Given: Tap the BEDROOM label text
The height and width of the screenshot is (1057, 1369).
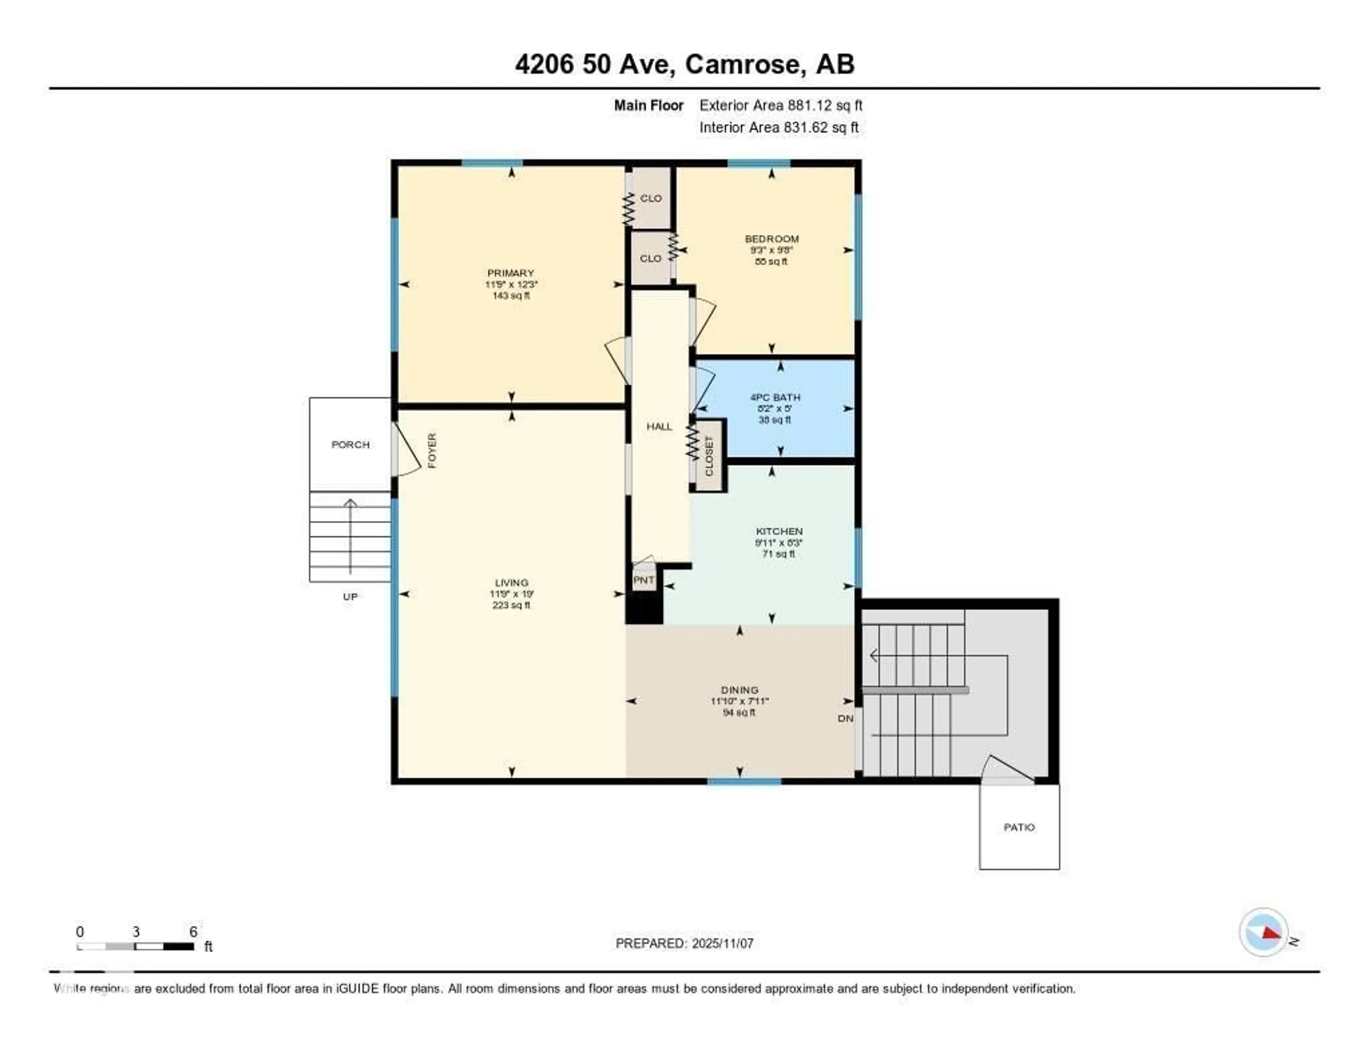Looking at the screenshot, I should point(771,239).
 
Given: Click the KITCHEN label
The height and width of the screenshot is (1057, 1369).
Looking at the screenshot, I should point(779,531).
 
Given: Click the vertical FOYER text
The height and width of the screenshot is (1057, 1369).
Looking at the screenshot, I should point(432,450).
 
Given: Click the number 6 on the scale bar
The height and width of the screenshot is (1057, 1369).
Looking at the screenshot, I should point(193,932).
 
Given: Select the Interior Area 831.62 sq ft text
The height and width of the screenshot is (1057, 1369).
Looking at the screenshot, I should point(779,128).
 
